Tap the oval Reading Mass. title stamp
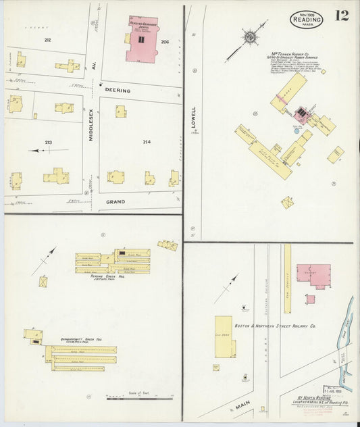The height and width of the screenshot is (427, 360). [307, 20]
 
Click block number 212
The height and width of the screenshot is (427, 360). [47, 40]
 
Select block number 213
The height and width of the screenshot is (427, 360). [48, 142]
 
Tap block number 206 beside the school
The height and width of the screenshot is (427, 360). [165, 41]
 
